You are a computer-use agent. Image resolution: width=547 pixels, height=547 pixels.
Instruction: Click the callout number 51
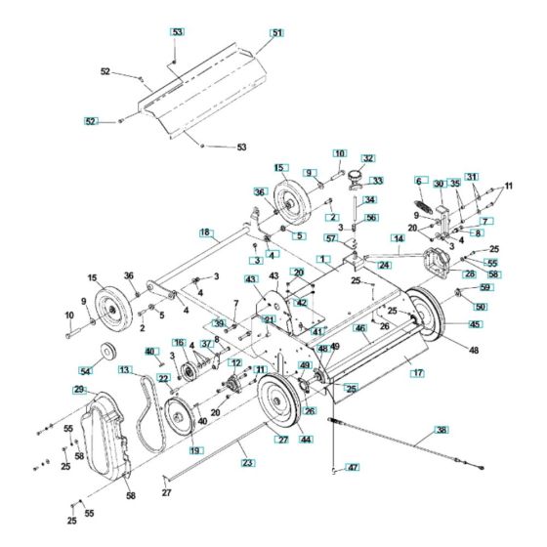click(x=276, y=33)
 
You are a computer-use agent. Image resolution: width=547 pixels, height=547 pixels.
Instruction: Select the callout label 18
click(x=205, y=232)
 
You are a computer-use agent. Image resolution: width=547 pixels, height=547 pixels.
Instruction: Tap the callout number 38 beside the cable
click(x=442, y=430)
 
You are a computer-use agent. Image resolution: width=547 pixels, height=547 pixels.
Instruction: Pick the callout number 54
click(x=85, y=372)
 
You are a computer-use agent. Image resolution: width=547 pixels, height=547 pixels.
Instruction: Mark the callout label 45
click(x=476, y=324)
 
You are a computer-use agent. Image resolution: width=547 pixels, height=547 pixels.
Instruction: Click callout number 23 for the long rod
click(x=247, y=462)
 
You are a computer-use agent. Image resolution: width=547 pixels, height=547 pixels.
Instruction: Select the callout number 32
click(x=368, y=157)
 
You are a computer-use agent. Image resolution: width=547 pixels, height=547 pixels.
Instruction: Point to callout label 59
click(x=485, y=288)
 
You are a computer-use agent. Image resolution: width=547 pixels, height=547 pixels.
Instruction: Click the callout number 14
click(x=399, y=238)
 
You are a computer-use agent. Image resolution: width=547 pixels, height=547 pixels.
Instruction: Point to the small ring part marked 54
click(x=105, y=353)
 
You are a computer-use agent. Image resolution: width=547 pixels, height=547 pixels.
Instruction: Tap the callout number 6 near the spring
click(x=417, y=181)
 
